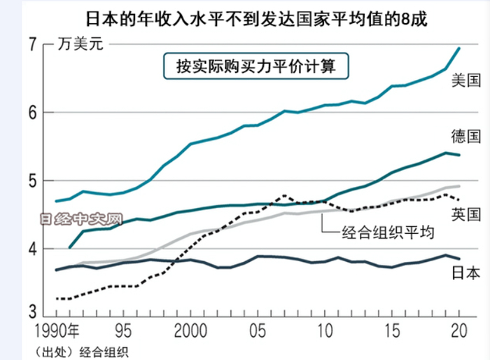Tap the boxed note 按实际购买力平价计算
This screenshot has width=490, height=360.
tap(255, 67)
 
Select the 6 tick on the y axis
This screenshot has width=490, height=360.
tap(31, 113)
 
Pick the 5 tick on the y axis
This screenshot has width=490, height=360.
tap(31, 181)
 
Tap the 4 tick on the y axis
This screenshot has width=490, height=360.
tap(31, 249)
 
